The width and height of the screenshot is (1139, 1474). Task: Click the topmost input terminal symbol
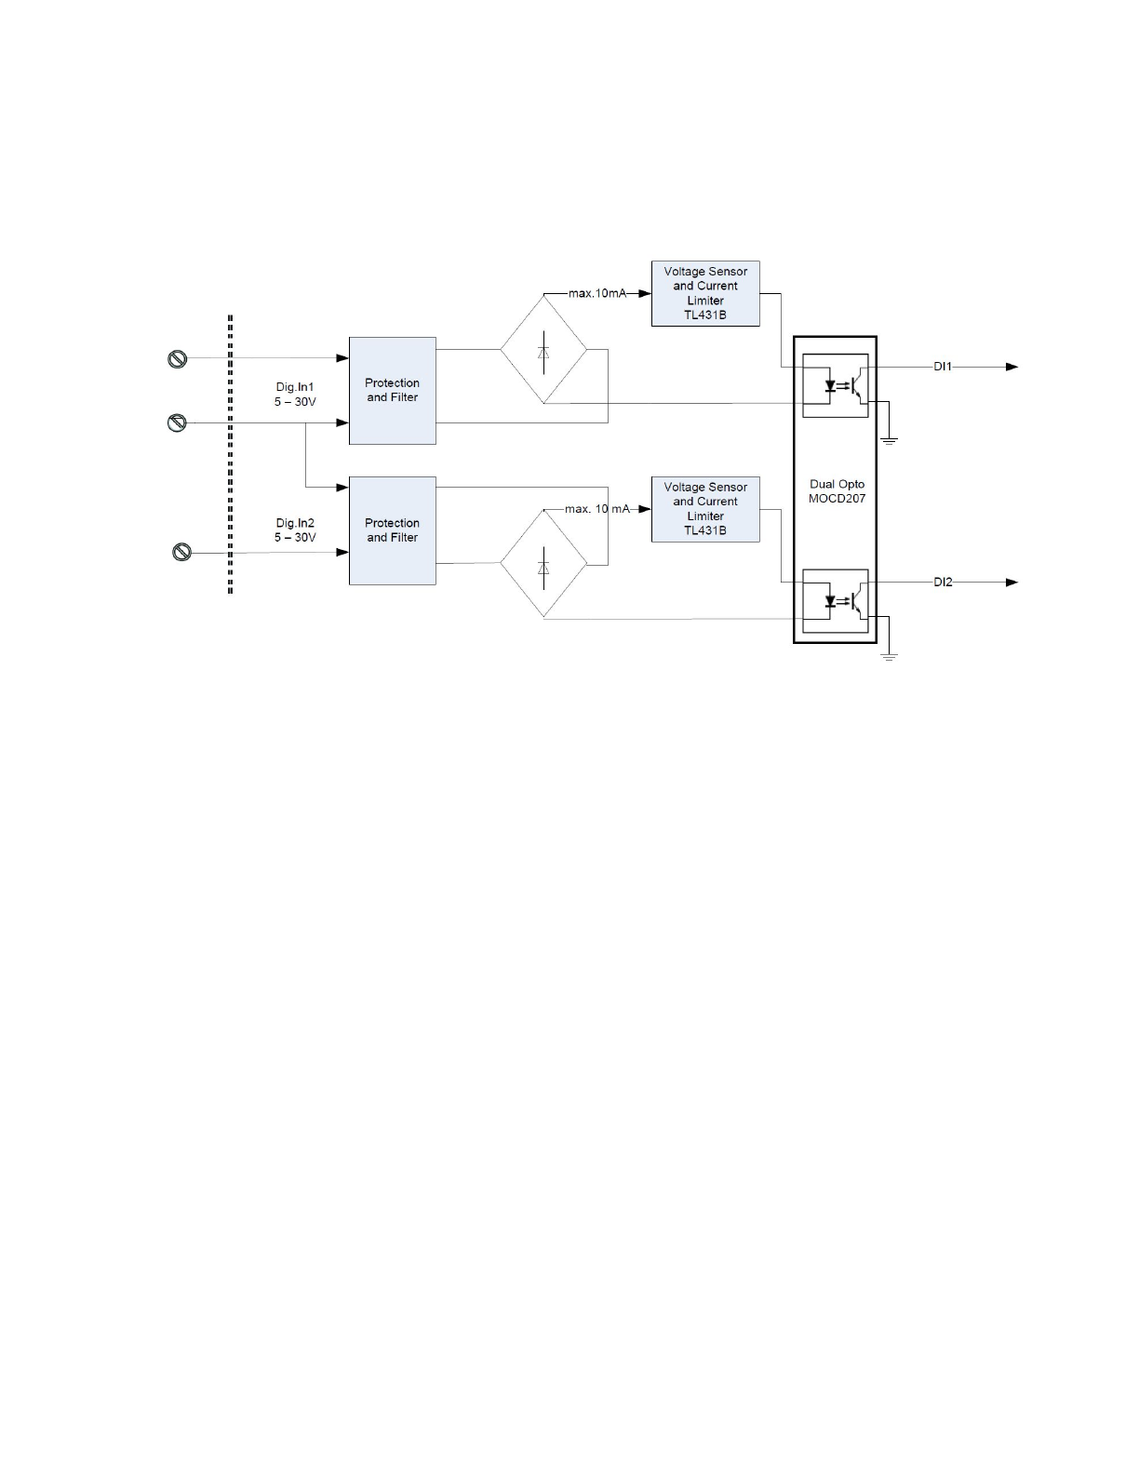point(177,359)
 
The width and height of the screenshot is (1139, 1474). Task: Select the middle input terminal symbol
point(177,423)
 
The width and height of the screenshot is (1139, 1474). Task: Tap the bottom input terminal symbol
point(182,553)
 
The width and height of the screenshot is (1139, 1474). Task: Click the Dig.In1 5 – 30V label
point(295,395)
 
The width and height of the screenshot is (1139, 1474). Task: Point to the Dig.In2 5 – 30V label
point(295,530)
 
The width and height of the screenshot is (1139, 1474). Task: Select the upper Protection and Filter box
point(392,391)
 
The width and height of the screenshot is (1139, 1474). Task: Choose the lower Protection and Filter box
point(392,530)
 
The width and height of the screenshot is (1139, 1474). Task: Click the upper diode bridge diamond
point(543,350)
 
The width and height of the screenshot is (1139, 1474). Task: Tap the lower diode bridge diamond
point(543,564)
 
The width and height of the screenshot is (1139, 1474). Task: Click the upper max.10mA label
point(596,293)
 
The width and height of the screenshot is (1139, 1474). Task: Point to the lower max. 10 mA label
point(596,509)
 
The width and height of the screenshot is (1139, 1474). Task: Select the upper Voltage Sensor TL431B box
point(705,293)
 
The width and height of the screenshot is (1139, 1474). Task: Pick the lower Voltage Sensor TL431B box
point(705,509)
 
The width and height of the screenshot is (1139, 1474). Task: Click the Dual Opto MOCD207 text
point(837,491)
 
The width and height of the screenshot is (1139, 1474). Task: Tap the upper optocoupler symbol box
point(835,385)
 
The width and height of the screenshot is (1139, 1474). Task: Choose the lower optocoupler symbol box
point(835,601)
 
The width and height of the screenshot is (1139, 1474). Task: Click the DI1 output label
point(943,368)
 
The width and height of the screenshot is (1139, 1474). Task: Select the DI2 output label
point(943,583)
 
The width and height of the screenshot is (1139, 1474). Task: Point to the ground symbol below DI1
point(889,439)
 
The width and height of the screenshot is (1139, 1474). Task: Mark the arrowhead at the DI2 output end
point(1012,583)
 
